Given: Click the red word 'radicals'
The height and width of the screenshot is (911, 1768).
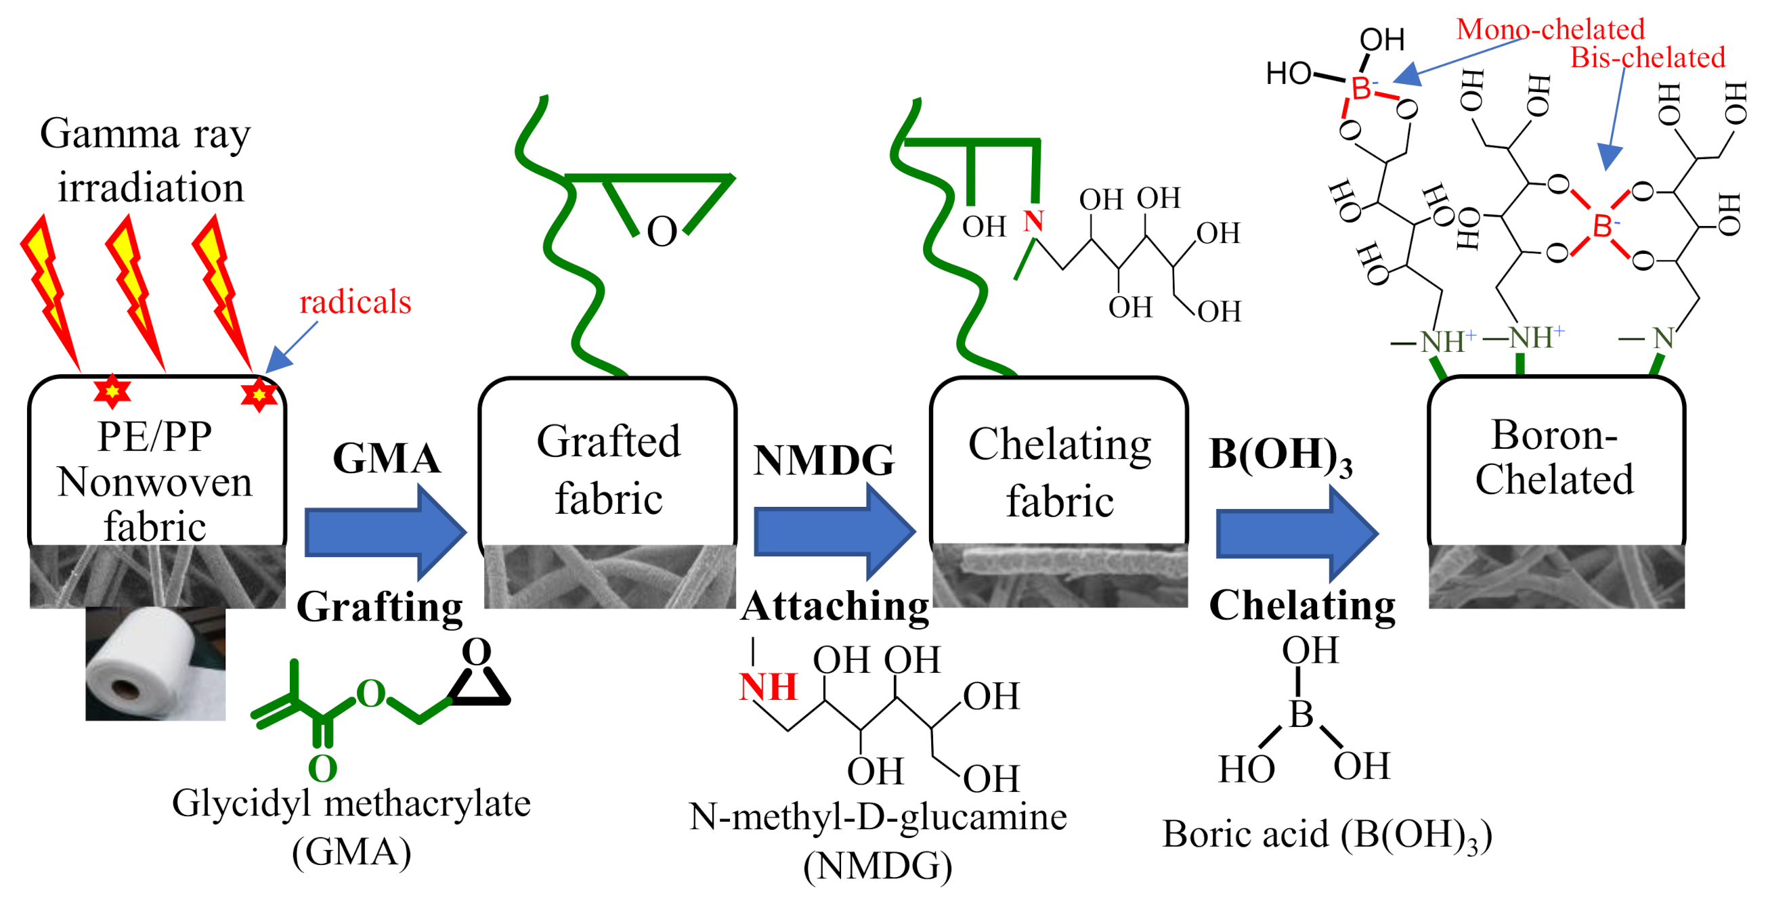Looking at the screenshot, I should [355, 303].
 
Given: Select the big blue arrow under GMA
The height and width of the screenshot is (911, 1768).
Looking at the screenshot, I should [385, 533].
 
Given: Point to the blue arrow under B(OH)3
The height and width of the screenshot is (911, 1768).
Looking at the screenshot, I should [1296, 533].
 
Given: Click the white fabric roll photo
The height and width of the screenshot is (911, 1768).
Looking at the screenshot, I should [155, 663].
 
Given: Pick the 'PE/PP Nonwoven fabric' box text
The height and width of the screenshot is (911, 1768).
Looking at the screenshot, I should [155, 482].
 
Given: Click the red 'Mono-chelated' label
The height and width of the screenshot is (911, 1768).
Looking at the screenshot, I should [1550, 29].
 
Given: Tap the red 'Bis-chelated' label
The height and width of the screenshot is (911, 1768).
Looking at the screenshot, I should [1647, 58].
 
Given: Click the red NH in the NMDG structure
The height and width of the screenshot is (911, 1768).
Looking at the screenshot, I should [767, 687].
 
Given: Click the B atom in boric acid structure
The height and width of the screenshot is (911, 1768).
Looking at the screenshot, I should [1301, 715].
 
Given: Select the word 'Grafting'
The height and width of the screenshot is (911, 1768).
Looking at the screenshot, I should [380, 606].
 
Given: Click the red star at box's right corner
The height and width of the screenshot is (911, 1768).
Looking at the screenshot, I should [259, 395].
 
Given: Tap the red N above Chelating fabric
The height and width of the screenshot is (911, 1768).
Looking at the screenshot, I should [1033, 221].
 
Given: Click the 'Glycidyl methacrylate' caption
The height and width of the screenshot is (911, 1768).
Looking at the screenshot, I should [351, 803].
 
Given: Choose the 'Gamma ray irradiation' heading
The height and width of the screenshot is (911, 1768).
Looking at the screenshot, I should [146, 160].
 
